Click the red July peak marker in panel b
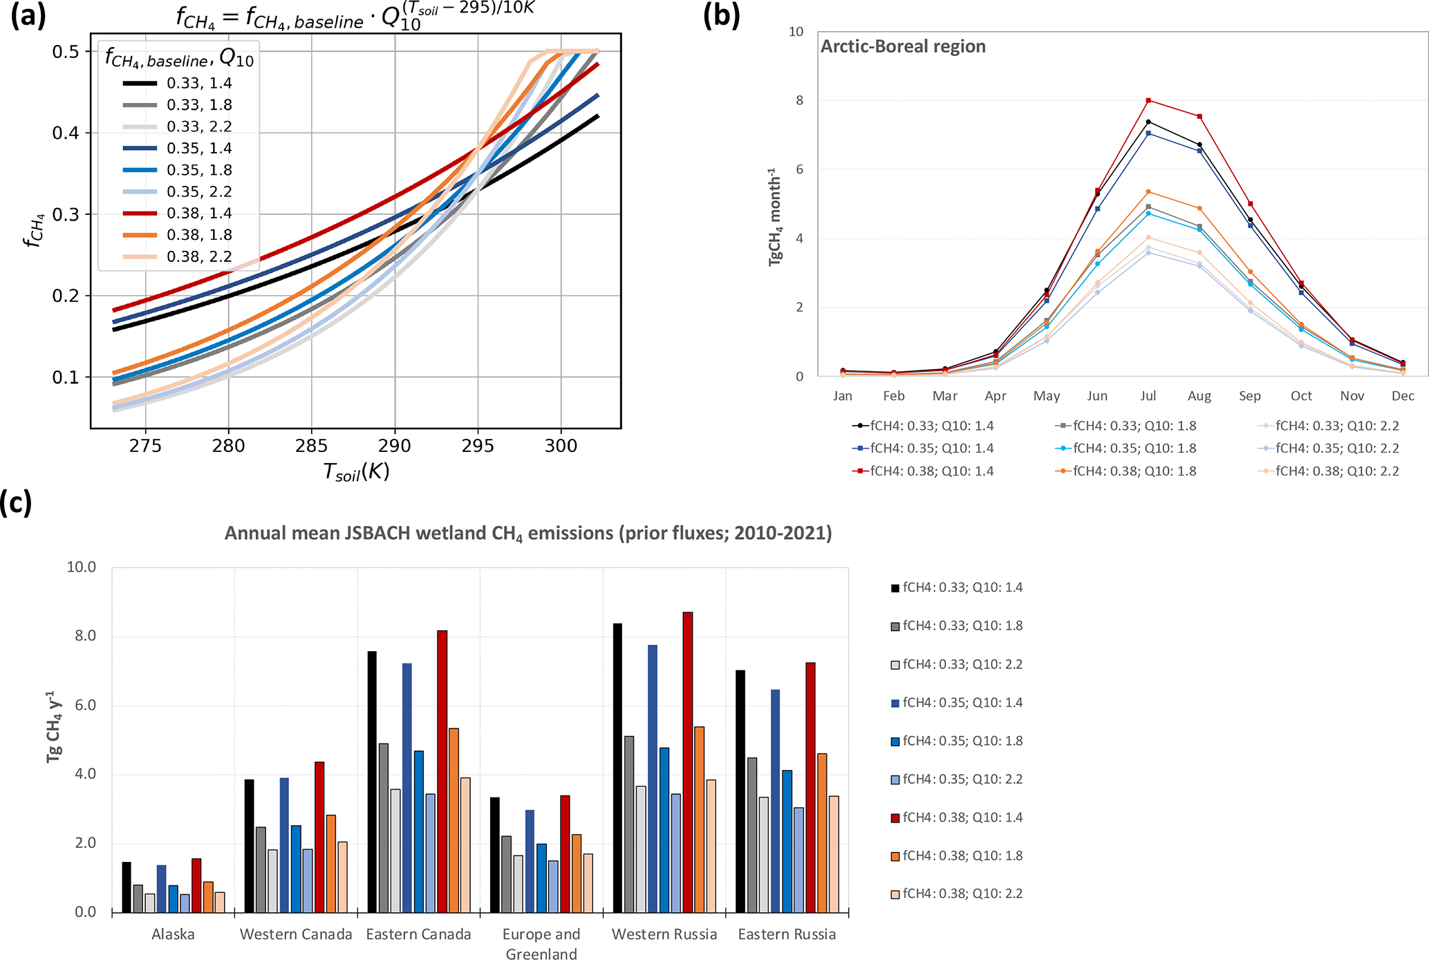click(1148, 101)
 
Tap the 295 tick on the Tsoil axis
click(478, 446)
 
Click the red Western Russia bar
click(688, 762)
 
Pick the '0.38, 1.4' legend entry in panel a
click(199, 214)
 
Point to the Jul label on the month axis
click(1148, 396)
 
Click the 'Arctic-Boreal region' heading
click(903, 46)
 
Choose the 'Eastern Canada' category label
click(418, 934)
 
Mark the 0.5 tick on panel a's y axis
click(66, 52)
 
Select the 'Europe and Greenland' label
click(541, 943)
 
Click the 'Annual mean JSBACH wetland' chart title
click(528, 534)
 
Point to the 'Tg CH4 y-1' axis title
click(54, 726)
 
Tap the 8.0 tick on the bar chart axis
click(82, 636)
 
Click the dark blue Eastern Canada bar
click(407, 787)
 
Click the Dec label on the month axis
click(1403, 396)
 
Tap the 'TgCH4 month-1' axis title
click(775, 216)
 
